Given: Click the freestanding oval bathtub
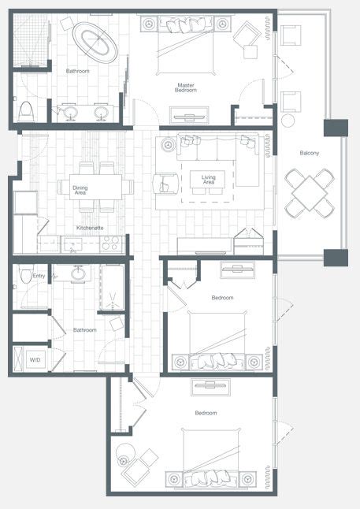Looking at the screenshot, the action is [x=95, y=43].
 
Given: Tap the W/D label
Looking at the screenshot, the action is [x=35, y=359].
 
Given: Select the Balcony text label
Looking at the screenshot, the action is [x=310, y=153].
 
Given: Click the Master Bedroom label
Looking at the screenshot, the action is [x=186, y=87].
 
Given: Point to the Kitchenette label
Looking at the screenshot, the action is [x=90, y=228].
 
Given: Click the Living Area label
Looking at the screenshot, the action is [x=209, y=180].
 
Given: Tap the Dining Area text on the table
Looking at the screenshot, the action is [x=80, y=190].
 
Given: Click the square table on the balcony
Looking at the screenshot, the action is [x=310, y=193].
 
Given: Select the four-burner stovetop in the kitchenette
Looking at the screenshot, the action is [x=110, y=243].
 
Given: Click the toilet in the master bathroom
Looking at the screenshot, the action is [x=26, y=111].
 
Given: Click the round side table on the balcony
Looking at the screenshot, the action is [x=288, y=121].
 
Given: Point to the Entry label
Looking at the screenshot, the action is [x=39, y=276].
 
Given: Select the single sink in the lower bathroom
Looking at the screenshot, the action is [x=78, y=273].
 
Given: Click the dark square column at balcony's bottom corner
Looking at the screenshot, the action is [x=336, y=258].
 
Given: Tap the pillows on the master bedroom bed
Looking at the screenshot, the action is [x=187, y=24].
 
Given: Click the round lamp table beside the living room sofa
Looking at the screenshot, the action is [x=168, y=145].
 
